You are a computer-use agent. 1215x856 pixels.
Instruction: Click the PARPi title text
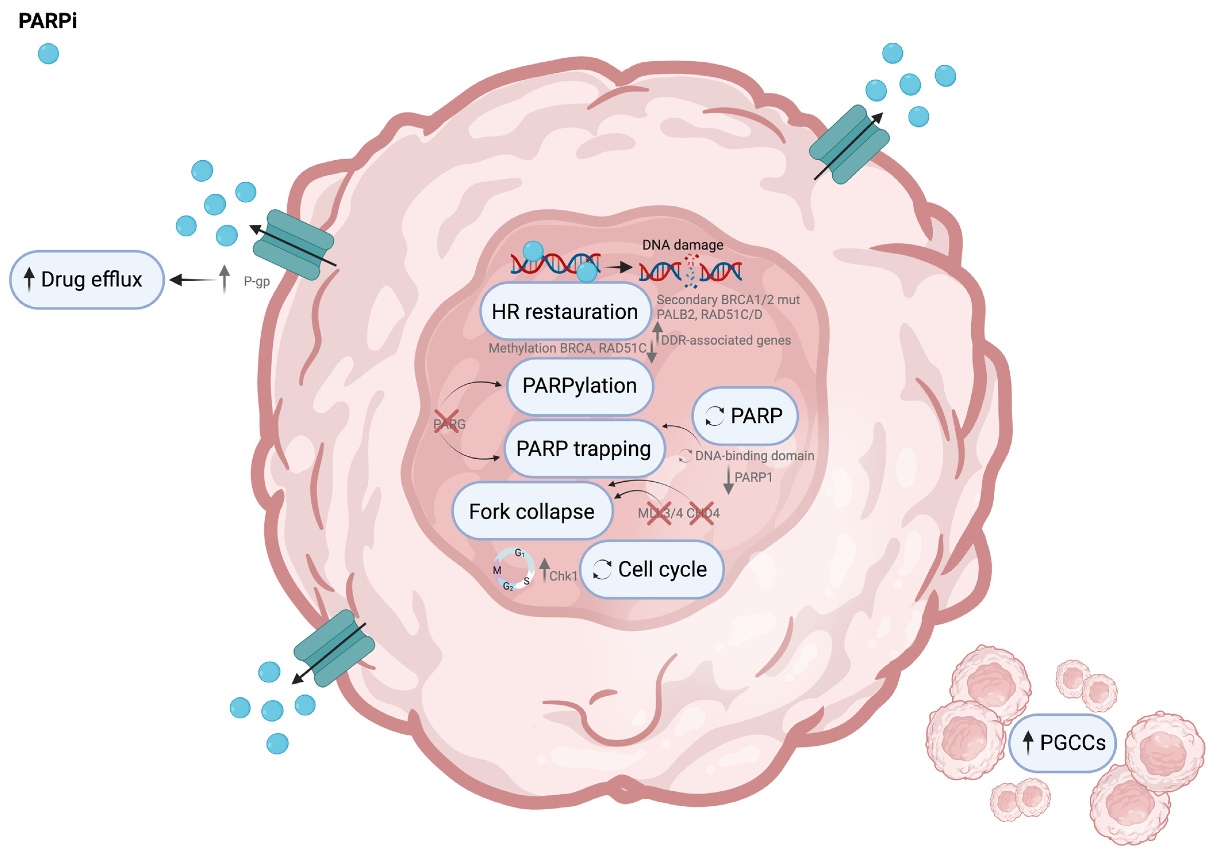pyautogui.click(x=48, y=21)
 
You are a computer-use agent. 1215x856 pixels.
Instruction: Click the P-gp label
pyautogui.click(x=257, y=281)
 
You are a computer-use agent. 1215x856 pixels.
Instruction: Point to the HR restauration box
pyautogui.click(x=565, y=311)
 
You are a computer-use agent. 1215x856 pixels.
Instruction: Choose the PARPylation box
pyautogui.click(x=579, y=386)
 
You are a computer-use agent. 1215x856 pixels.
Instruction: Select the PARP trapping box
pyautogui.click(x=584, y=449)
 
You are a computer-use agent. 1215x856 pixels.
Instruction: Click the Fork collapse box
pyautogui.click(x=532, y=511)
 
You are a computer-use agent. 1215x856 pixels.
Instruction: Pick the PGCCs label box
pyautogui.click(x=1063, y=743)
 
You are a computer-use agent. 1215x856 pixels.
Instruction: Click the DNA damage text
pyautogui.click(x=683, y=245)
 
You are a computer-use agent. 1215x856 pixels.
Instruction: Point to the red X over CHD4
pyautogui.click(x=701, y=513)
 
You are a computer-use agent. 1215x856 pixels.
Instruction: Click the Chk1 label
pyautogui.click(x=563, y=576)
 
